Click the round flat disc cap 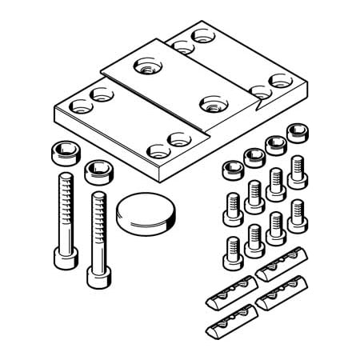(144, 213)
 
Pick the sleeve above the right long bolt (97, 171)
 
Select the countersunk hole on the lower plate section (211, 103)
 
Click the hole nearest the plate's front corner (155, 150)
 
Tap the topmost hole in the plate (197, 38)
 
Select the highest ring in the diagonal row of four (297, 130)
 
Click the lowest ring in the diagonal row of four (233, 169)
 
